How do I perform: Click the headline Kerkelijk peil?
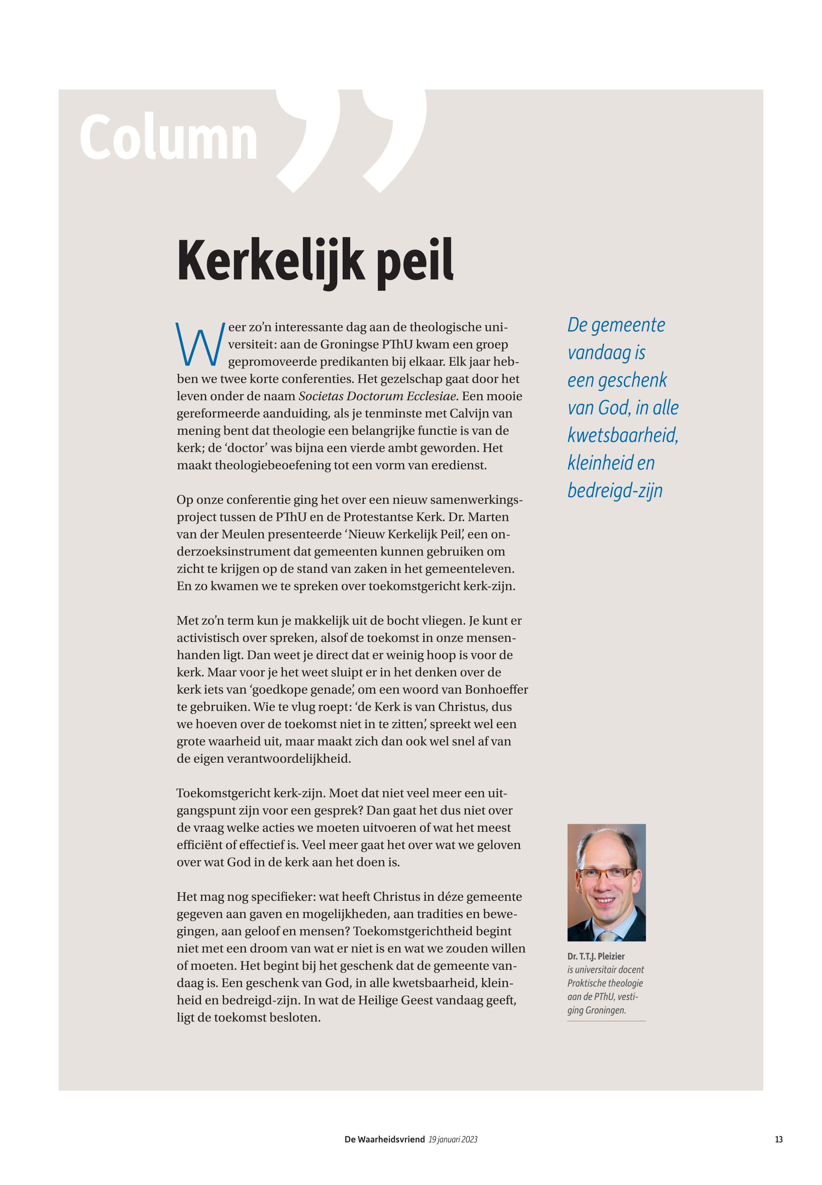(x=315, y=261)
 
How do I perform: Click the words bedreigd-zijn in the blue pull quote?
(x=615, y=490)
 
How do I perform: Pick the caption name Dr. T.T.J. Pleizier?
(x=596, y=956)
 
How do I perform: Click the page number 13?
(x=779, y=1140)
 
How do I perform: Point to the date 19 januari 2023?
(x=453, y=1140)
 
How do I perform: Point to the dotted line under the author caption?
(x=606, y=1021)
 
